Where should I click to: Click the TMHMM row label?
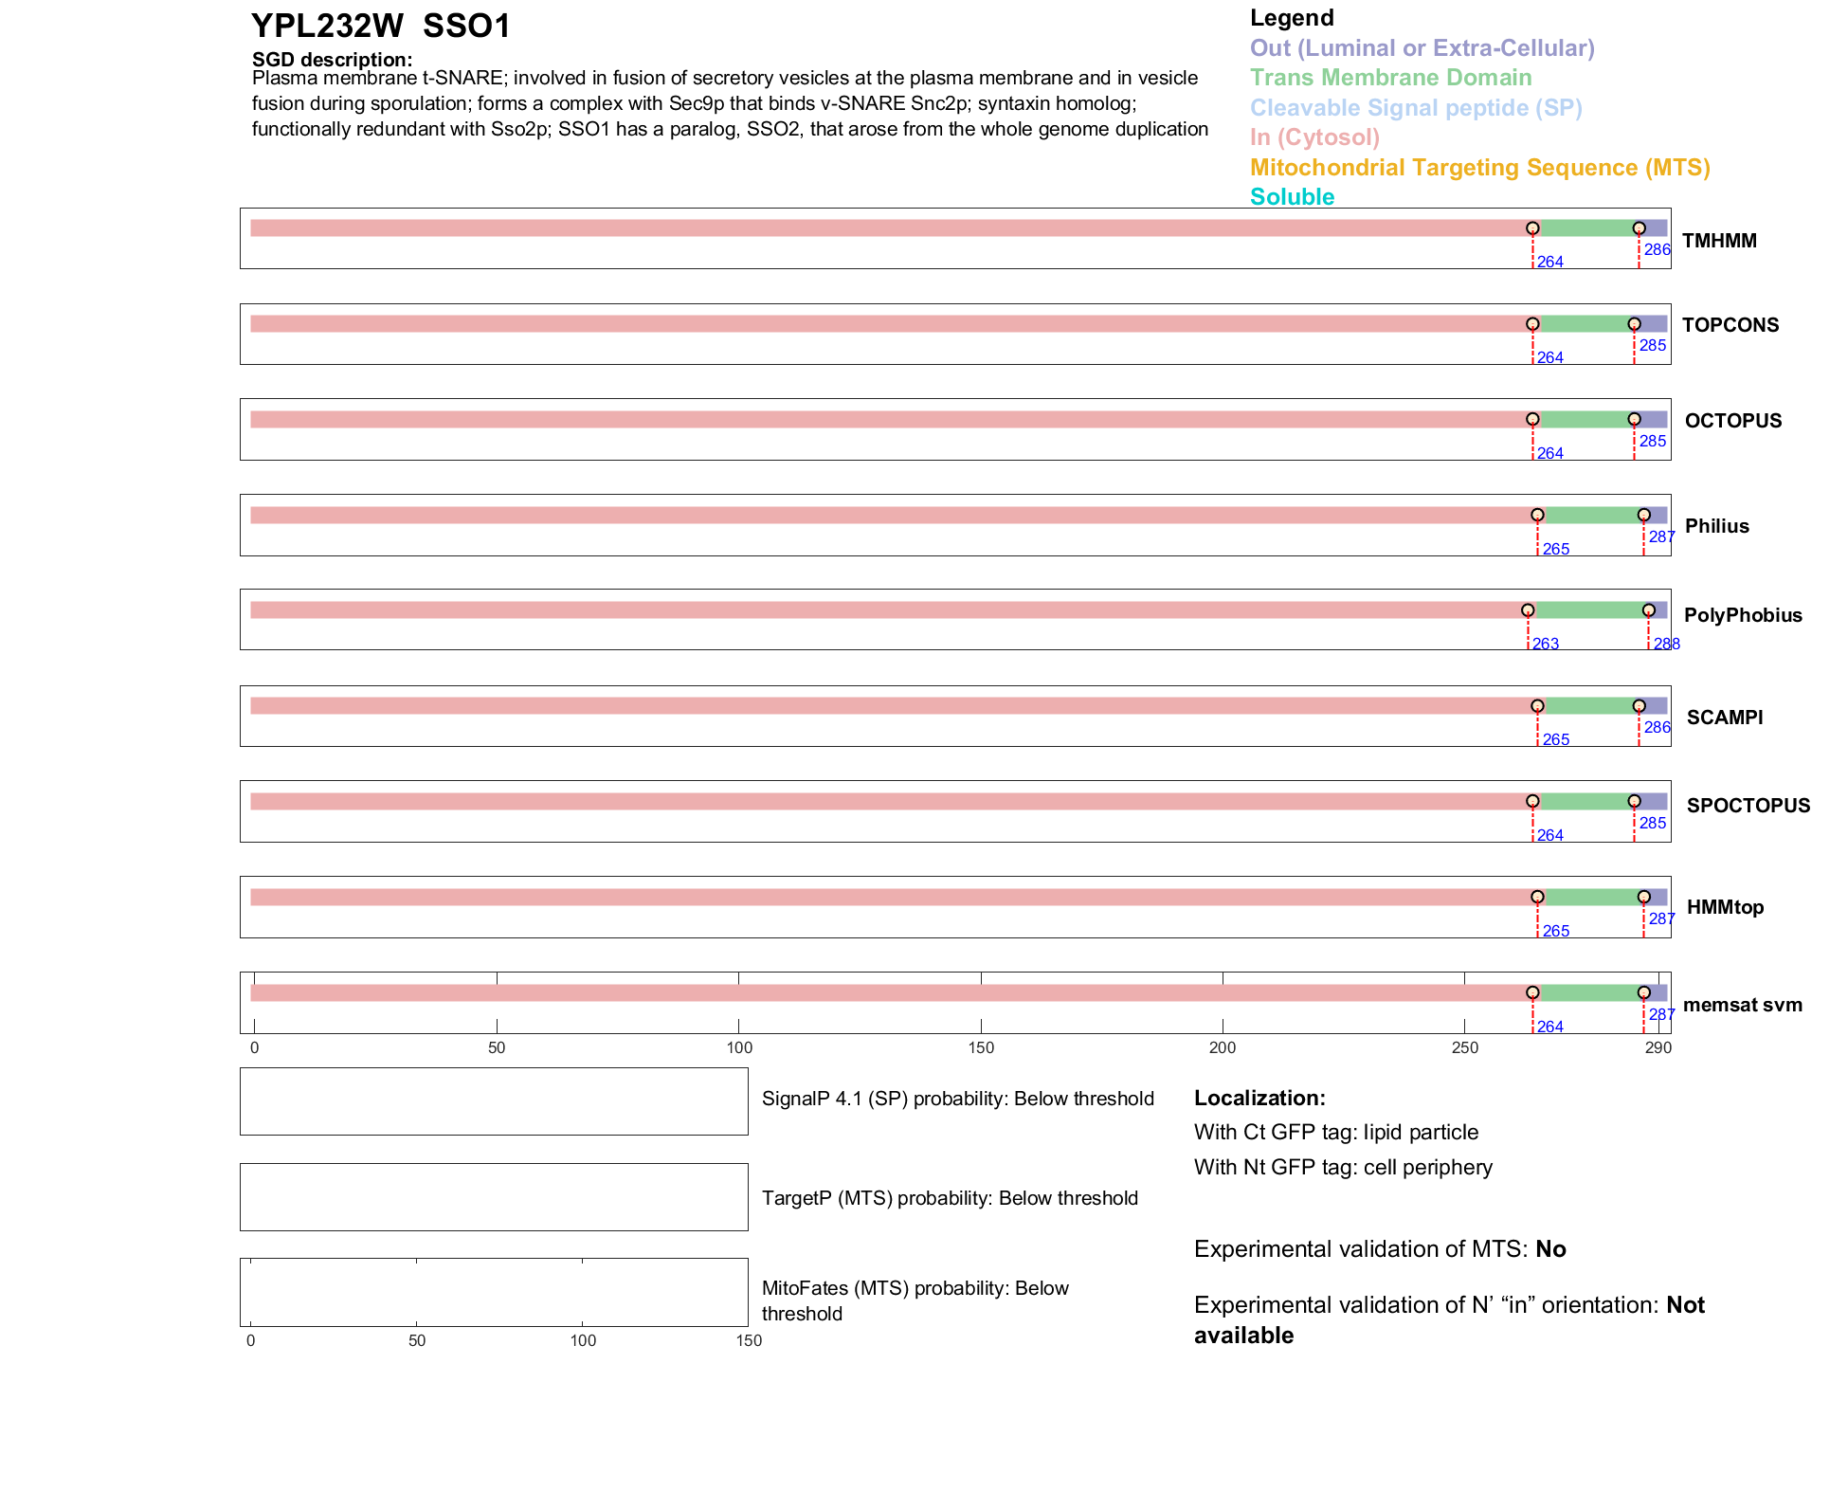tap(1719, 241)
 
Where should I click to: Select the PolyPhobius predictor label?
tap(1743, 615)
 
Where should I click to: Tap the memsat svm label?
tap(1742, 1005)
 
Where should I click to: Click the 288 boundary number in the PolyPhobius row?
tap(1666, 645)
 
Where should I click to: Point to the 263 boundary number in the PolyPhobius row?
tap(1546, 645)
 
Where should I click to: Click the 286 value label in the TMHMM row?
tap(1657, 250)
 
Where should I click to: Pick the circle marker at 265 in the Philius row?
tap(1537, 516)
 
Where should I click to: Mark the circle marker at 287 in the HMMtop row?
tap(1643, 897)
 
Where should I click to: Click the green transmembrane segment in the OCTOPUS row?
tap(1583, 420)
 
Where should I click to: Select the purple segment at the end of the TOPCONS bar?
tap(1652, 324)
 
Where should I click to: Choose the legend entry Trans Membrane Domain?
tap(1390, 78)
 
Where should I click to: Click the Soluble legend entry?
tap(1292, 197)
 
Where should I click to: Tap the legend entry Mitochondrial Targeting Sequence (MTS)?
tap(1479, 168)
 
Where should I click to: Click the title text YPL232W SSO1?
tap(381, 27)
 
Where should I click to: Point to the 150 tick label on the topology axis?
tap(981, 1048)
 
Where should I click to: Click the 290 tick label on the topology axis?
tap(1658, 1048)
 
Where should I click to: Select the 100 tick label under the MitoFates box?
tap(583, 1341)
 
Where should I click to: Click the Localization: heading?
tap(1259, 1099)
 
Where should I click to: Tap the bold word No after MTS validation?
tap(1550, 1249)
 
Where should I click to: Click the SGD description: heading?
tap(332, 60)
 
